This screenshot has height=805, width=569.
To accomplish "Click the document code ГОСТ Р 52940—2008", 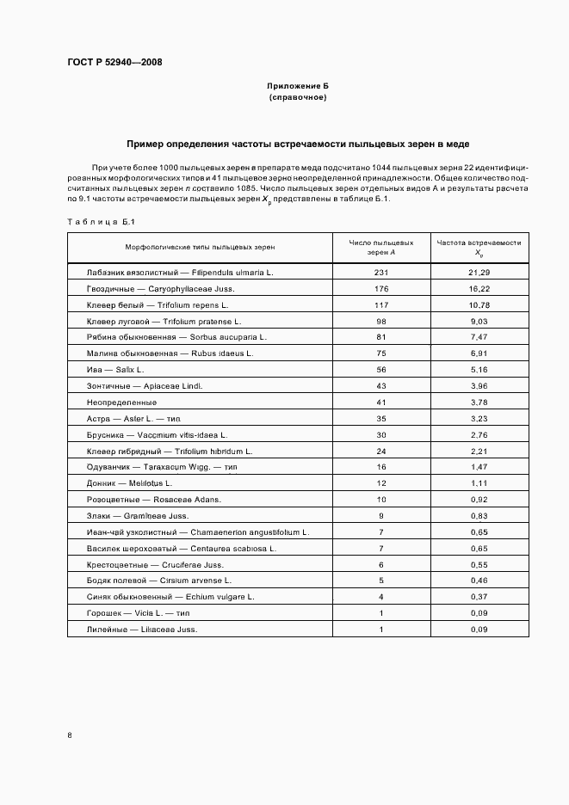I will [x=114, y=63].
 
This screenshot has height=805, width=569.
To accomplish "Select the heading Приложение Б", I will [x=297, y=87].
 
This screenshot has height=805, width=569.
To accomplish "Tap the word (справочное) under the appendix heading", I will [x=297, y=98].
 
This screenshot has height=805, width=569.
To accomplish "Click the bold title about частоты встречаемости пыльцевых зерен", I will [x=297, y=144].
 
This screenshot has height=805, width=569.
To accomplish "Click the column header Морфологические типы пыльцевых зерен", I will [x=200, y=247].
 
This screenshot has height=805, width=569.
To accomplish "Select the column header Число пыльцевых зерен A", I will [x=380, y=247].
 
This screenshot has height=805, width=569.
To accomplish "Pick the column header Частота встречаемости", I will [x=479, y=247].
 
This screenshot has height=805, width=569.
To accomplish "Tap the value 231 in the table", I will [x=380, y=272].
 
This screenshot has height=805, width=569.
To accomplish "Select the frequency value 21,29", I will [x=479, y=272].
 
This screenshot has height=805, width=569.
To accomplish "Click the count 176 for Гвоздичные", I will [x=380, y=288].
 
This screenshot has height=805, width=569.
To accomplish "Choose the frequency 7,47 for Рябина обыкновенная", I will [x=479, y=337].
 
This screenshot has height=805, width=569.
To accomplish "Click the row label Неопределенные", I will [x=121, y=402].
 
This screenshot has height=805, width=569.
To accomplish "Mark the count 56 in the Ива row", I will [x=380, y=369].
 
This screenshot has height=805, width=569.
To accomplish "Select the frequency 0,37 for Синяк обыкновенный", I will [x=479, y=597].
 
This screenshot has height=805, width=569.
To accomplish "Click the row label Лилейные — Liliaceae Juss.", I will [x=142, y=630].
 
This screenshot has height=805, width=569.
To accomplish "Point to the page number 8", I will [x=70, y=735].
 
